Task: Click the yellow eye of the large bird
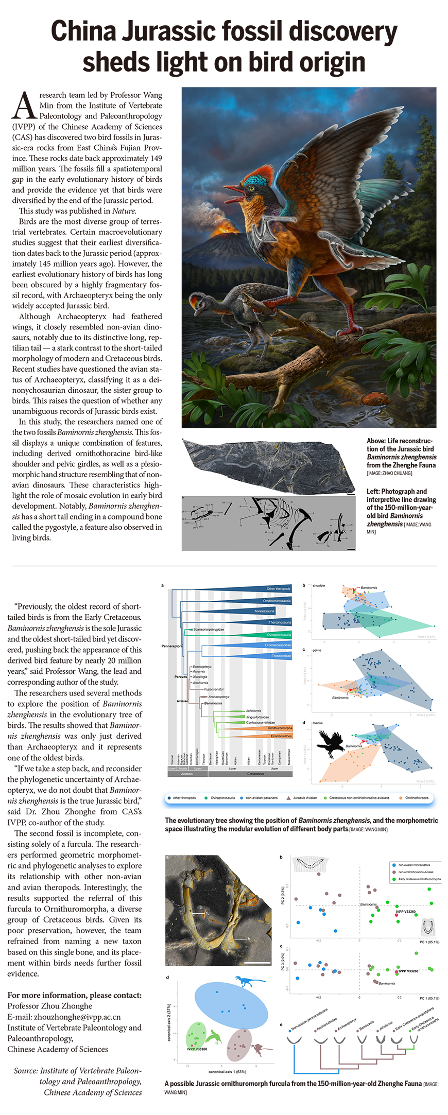[251, 189]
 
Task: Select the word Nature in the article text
[124, 211]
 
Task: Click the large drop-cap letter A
[24, 106]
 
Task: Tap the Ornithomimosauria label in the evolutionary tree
[277, 601]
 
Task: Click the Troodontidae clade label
[281, 656]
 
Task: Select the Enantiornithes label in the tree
[281, 736]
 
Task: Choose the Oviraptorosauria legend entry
[222, 798]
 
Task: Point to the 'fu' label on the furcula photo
[208, 914]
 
